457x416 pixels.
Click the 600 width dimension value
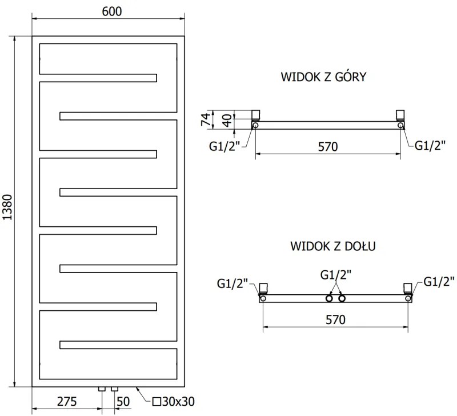click(x=107, y=10)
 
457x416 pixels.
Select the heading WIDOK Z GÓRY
click(x=323, y=77)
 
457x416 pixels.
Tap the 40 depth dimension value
click(x=226, y=121)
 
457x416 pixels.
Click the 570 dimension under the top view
click(x=328, y=146)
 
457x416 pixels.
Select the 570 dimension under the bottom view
click(x=335, y=320)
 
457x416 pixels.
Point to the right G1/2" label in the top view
click(x=430, y=145)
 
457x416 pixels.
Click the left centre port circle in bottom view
click(x=330, y=298)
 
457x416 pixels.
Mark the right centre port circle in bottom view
click(x=342, y=298)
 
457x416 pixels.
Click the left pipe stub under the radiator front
click(x=102, y=389)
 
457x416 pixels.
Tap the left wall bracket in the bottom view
click(x=263, y=287)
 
